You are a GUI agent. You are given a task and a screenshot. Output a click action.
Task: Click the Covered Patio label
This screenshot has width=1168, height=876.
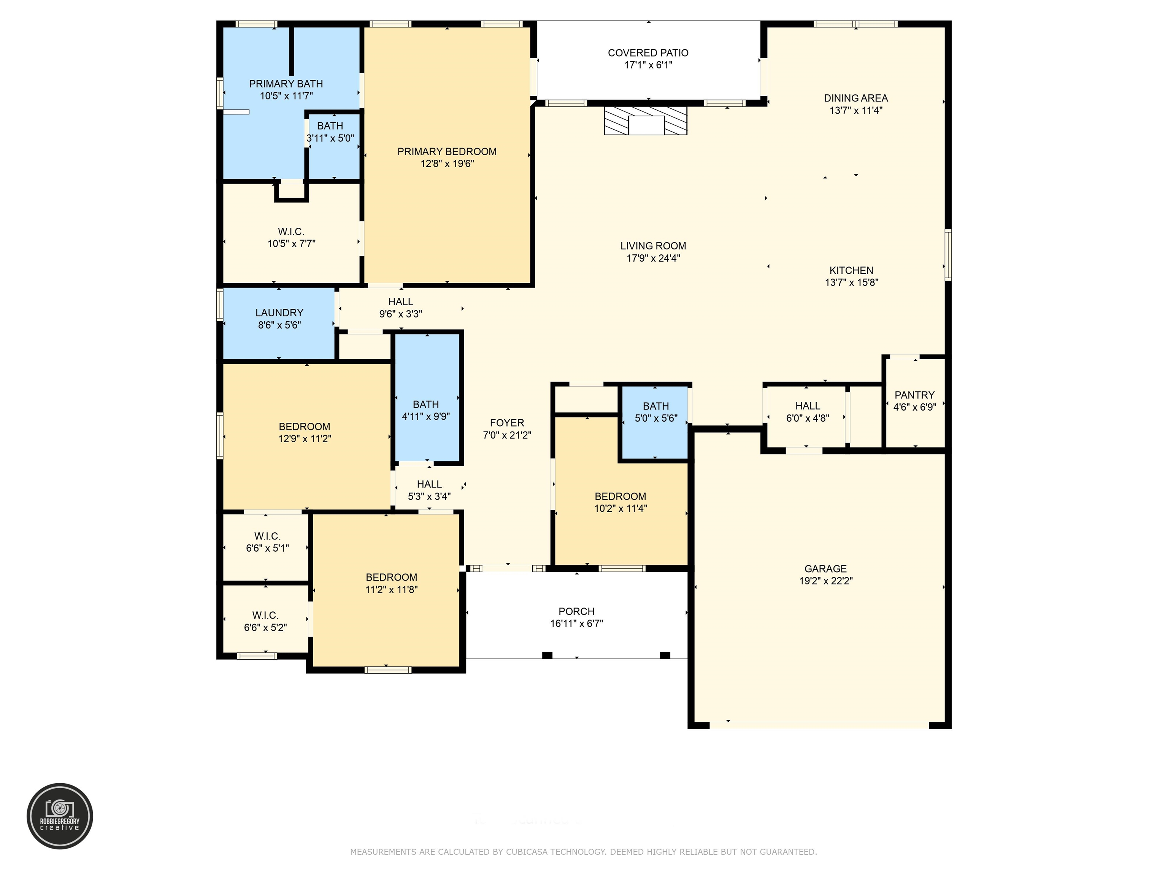(648, 53)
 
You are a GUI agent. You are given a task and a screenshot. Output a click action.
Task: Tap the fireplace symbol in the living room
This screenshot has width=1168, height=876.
(646, 121)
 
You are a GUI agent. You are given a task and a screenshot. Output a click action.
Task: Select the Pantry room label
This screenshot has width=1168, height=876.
(914, 395)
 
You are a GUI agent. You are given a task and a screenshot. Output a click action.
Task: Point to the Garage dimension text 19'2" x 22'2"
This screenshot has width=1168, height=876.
(826, 581)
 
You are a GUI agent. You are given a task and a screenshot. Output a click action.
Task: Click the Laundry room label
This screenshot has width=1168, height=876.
(279, 313)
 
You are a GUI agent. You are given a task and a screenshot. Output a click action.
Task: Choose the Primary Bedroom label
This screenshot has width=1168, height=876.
(447, 152)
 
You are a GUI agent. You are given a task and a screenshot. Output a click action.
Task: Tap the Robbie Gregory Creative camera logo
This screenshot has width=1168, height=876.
(60, 816)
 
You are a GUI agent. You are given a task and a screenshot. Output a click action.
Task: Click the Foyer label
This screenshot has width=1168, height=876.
(507, 423)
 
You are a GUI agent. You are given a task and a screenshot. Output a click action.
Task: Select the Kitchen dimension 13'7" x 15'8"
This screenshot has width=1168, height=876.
(852, 282)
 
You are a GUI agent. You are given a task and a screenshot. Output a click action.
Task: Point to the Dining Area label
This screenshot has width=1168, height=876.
(856, 98)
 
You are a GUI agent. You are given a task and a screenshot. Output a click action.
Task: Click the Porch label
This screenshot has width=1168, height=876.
(577, 611)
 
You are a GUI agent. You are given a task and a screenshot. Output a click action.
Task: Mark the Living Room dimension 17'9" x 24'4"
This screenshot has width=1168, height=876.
(653, 258)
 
